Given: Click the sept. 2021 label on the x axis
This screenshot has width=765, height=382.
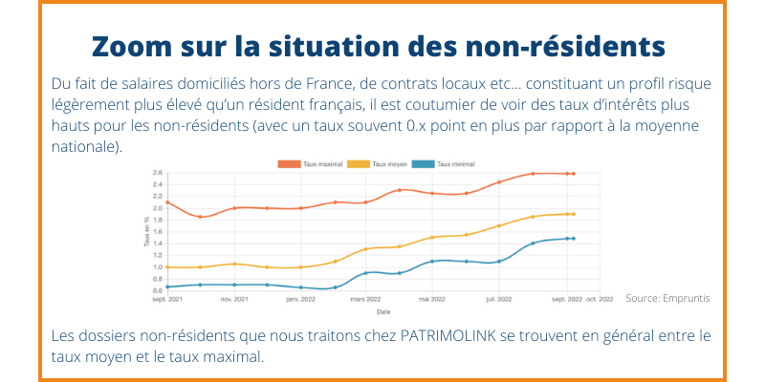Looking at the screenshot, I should (167, 300).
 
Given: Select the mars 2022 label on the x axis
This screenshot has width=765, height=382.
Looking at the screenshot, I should (366, 300).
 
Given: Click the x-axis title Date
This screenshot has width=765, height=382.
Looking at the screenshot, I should (382, 311).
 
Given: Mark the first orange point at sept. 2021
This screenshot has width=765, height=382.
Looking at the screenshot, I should (167, 202).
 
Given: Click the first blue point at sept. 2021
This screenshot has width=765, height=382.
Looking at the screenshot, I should (167, 286).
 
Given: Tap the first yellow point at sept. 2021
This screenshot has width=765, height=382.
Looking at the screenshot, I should (167, 266).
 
